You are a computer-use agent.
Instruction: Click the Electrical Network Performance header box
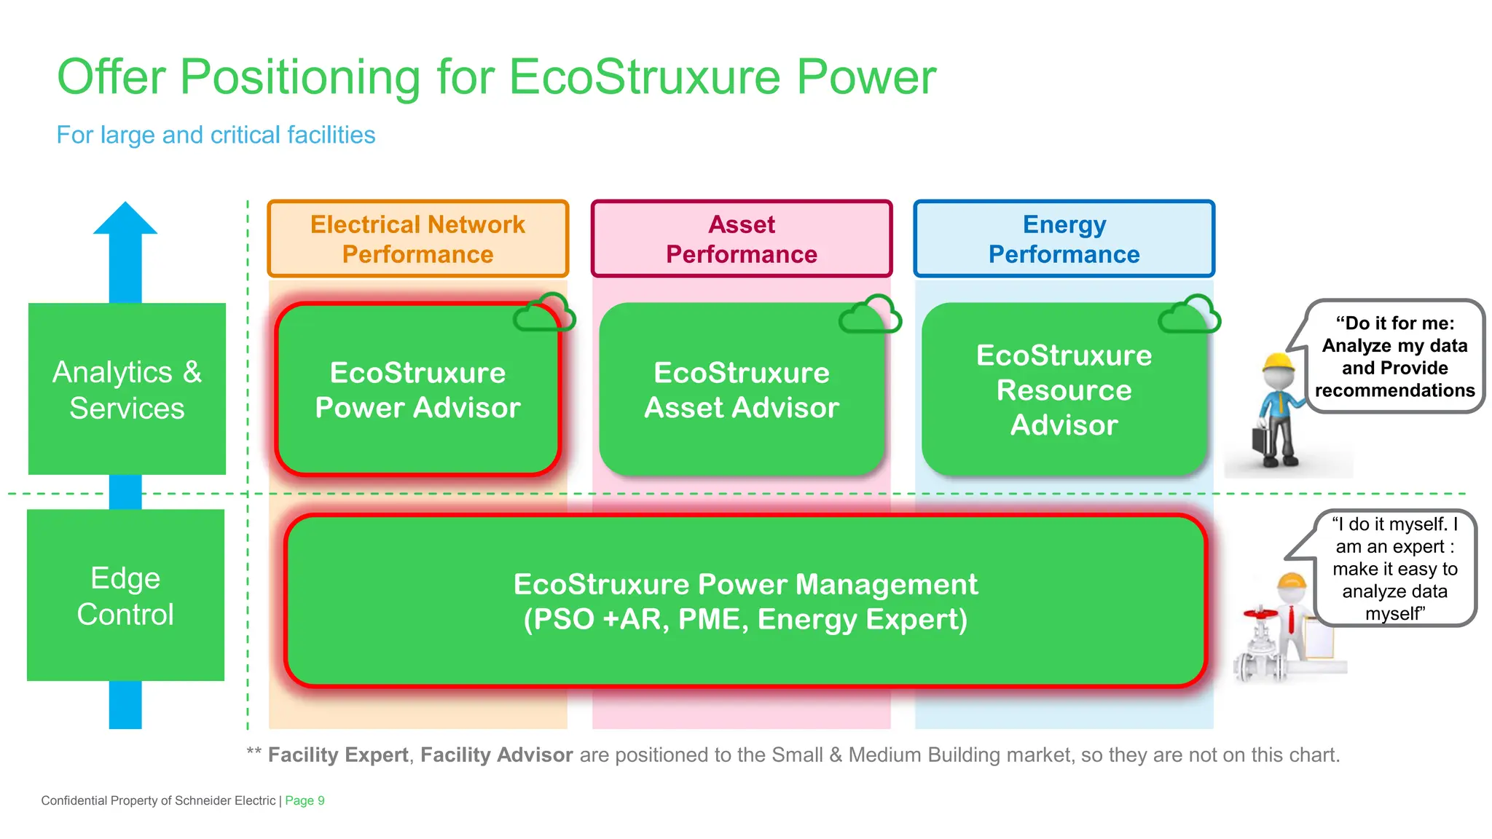pyautogui.click(x=417, y=239)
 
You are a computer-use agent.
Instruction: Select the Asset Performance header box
pyautogui.click(x=741, y=239)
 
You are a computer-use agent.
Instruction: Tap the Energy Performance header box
pyautogui.click(x=1064, y=239)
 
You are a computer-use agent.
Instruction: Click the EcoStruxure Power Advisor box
pyautogui.click(x=417, y=390)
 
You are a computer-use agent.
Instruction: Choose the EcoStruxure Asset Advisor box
pyautogui.click(x=741, y=390)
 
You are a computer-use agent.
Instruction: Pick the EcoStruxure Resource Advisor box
pyautogui.click(x=1064, y=390)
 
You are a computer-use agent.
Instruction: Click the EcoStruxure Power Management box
pyautogui.click(x=745, y=602)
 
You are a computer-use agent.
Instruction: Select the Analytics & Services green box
pyautogui.click(x=127, y=390)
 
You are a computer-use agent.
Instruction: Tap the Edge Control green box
pyautogui.click(x=125, y=596)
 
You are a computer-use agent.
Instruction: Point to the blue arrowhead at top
pyautogui.click(x=125, y=219)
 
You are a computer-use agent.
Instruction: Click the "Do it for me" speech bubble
pyautogui.click(x=1394, y=356)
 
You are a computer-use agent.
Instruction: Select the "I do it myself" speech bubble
pyautogui.click(x=1394, y=568)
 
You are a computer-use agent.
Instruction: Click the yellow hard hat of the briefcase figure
pyautogui.click(x=1279, y=362)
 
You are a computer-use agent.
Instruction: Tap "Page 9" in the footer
pyautogui.click(x=305, y=800)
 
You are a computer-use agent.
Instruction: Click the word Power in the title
pyautogui.click(x=865, y=76)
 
